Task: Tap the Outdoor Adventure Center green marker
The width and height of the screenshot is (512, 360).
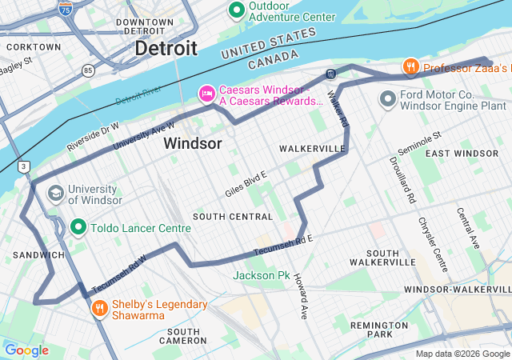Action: (236, 10)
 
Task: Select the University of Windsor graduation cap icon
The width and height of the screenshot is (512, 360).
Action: (55, 193)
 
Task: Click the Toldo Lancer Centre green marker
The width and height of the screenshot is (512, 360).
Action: (78, 227)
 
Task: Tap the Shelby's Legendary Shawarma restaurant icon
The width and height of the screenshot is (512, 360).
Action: (99, 308)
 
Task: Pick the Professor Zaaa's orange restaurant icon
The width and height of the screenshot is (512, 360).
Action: (410, 68)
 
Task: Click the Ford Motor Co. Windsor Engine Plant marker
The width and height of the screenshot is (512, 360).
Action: (389, 98)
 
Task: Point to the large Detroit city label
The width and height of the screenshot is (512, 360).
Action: (166, 48)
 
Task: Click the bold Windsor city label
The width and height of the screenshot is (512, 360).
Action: (192, 143)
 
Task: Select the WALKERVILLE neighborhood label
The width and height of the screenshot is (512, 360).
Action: (312, 149)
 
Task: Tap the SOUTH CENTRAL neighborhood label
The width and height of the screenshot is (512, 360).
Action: (233, 217)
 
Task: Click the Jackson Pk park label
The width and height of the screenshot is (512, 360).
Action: (262, 275)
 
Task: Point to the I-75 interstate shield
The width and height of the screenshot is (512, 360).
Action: (65, 10)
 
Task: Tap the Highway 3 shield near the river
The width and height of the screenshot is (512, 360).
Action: (25, 166)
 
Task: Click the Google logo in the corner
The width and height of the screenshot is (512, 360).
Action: (26, 350)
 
